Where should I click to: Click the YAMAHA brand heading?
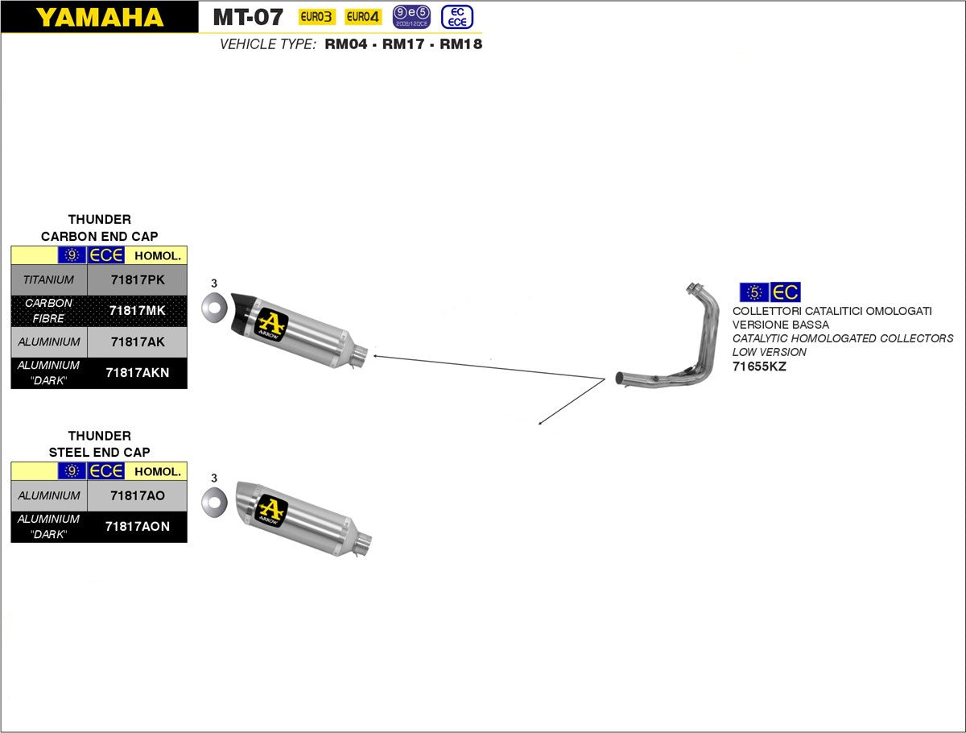click(x=99, y=17)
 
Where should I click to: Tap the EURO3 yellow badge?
click(x=316, y=16)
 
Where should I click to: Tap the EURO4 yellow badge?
click(x=363, y=16)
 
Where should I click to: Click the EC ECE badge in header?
click(x=456, y=16)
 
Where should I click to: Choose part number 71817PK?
click(x=137, y=280)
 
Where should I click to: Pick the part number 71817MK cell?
click(x=137, y=310)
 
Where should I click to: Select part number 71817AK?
click(x=137, y=342)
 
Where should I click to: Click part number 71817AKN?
click(x=137, y=372)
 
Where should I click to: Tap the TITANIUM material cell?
click(x=48, y=280)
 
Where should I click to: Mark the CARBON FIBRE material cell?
click(x=48, y=310)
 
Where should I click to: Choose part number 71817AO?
click(x=137, y=495)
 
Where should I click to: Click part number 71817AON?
click(x=137, y=526)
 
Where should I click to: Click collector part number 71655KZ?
click(x=759, y=366)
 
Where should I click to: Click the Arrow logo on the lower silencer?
click(x=271, y=510)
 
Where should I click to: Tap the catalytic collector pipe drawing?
click(x=676, y=354)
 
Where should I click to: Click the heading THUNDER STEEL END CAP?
click(x=99, y=444)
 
